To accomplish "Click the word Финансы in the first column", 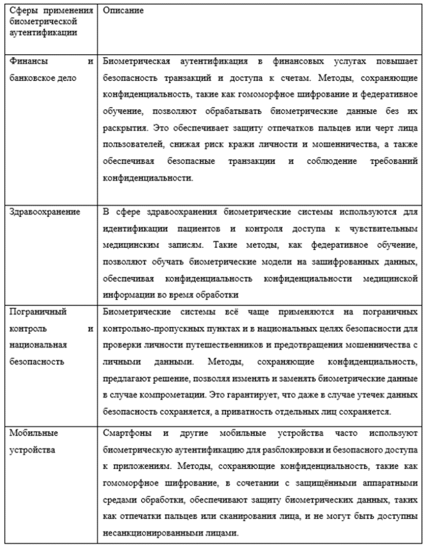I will (25, 62).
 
